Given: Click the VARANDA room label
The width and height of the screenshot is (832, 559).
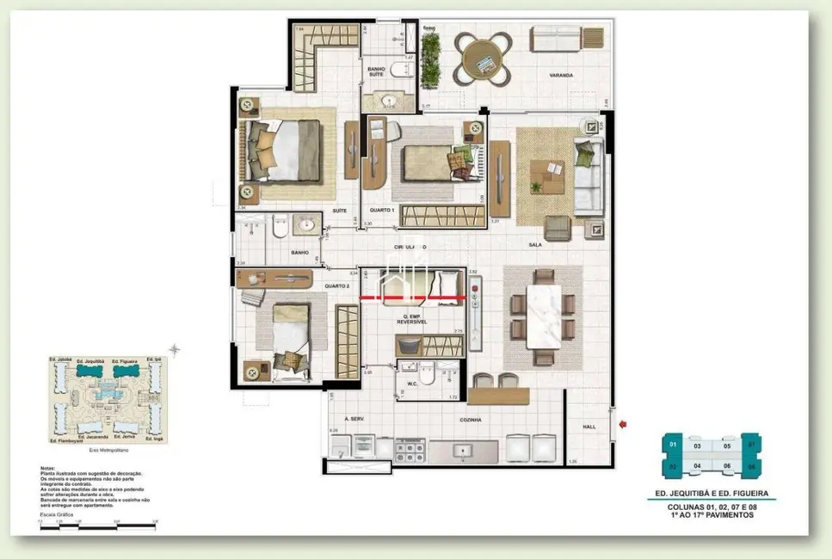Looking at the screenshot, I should click(561, 76).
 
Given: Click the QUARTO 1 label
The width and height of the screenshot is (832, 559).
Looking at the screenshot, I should click(381, 211).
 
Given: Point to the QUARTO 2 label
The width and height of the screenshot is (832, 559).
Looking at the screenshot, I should click(336, 286).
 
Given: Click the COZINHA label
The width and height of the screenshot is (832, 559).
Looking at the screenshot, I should click(469, 420).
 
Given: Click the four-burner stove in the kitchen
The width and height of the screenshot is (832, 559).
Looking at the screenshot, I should click(409, 448).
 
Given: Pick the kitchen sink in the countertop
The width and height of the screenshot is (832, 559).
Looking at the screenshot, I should click(463, 449).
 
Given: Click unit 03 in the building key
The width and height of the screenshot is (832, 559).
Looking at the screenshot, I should click(697, 446).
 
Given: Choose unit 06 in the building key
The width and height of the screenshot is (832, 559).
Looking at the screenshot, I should click(726, 466).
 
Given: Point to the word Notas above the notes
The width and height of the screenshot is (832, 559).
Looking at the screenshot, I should click(46, 469).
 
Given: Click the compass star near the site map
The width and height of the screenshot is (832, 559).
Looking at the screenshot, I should click(176, 349).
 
